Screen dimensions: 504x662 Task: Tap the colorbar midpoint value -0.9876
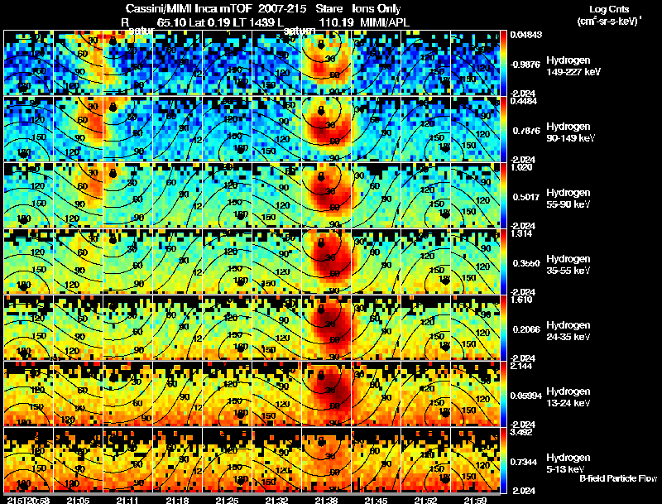click(526, 63)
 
